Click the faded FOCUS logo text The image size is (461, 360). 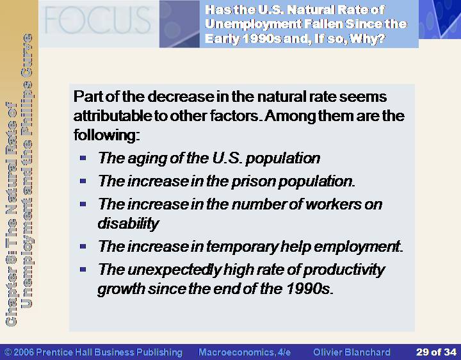[97, 20]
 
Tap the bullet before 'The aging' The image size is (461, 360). [83, 158]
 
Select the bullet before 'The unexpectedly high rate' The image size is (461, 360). [83, 269]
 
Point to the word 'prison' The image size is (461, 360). [254, 181]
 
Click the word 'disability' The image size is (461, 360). [129, 223]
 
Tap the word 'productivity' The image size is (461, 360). [344, 270]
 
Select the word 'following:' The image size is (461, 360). [106, 135]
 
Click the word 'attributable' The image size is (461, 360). [112, 116]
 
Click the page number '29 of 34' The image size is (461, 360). [436, 352]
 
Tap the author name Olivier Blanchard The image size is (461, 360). [352, 352]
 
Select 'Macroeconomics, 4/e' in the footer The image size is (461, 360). [245, 352]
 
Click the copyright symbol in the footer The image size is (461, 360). [8, 352]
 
